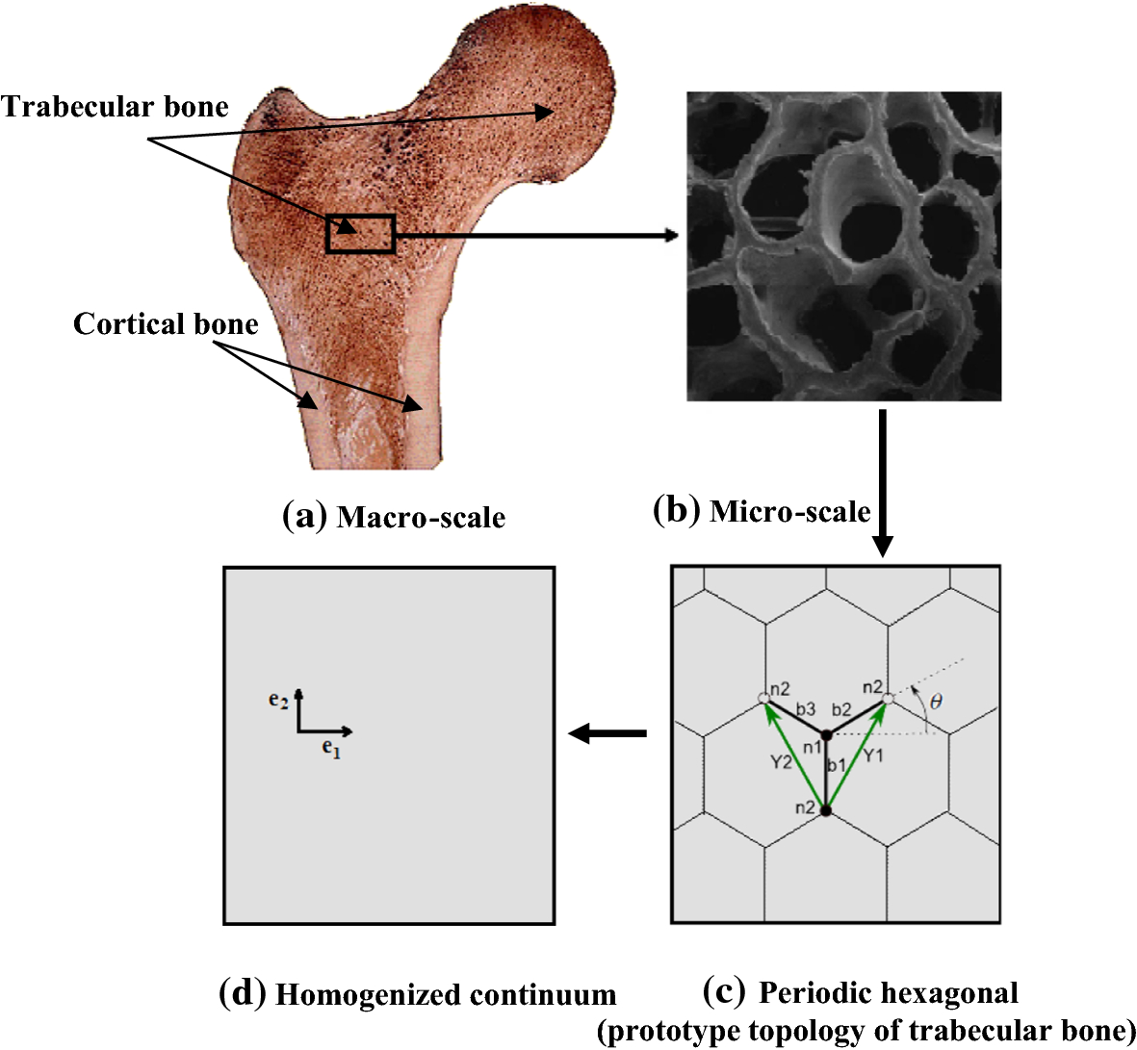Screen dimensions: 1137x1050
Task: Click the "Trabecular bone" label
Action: [116, 107]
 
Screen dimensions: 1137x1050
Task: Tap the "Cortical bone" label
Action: [166, 324]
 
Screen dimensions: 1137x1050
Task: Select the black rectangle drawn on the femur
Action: [360, 234]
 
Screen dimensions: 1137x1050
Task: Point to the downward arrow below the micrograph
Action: [882, 481]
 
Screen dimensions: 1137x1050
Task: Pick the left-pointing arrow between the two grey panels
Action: [607, 734]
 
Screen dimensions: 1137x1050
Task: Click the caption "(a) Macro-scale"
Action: [394, 517]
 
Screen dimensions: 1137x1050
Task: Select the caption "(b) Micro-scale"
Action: [761, 511]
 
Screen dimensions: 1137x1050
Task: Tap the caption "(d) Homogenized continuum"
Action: [418, 993]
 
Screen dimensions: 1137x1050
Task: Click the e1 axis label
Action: [331, 748]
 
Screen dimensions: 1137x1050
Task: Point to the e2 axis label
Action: [278, 702]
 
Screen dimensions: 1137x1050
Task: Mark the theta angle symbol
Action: [936, 703]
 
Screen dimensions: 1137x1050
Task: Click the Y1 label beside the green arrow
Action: [872, 755]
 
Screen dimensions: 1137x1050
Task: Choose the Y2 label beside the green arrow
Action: [782, 762]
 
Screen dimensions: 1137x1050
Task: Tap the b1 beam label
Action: [836, 765]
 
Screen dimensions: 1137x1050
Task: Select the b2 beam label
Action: [841, 710]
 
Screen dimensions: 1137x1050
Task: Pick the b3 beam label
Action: [805, 710]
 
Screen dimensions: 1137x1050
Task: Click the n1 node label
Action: [812, 746]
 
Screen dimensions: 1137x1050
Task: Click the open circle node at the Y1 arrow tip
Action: [888, 698]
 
